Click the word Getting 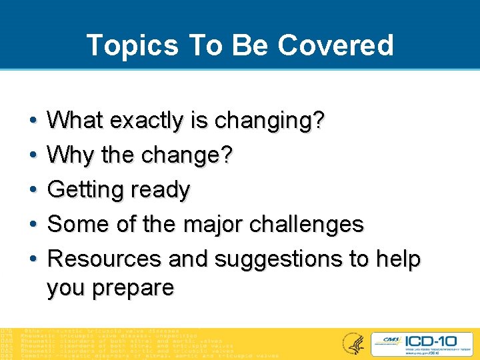pos(82,190)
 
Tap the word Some pos(75,224)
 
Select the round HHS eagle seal pos(351,343)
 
